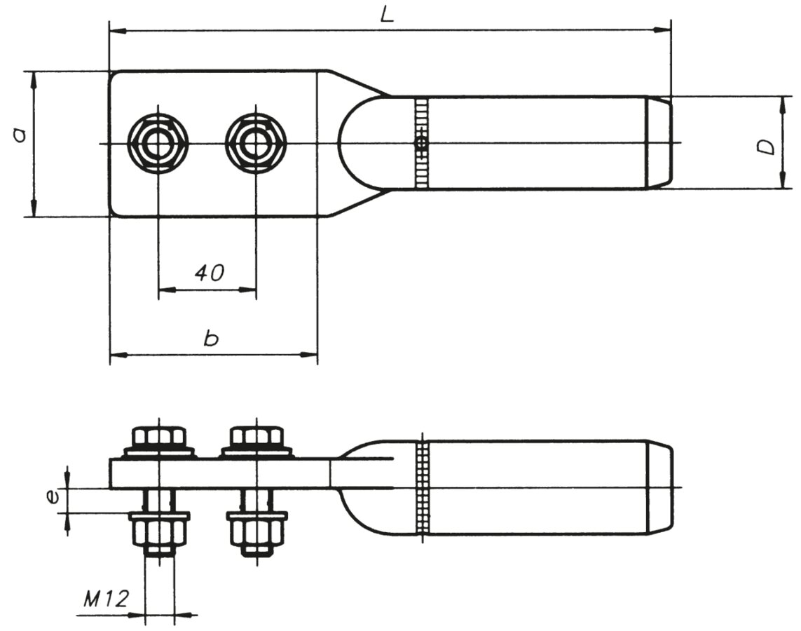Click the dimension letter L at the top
(x=388, y=15)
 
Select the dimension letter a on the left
(x=20, y=135)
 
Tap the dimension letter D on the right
(x=767, y=147)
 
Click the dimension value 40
(x=210, y=273)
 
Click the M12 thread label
(x=106, y=598)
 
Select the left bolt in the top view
(x=158, y=144)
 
